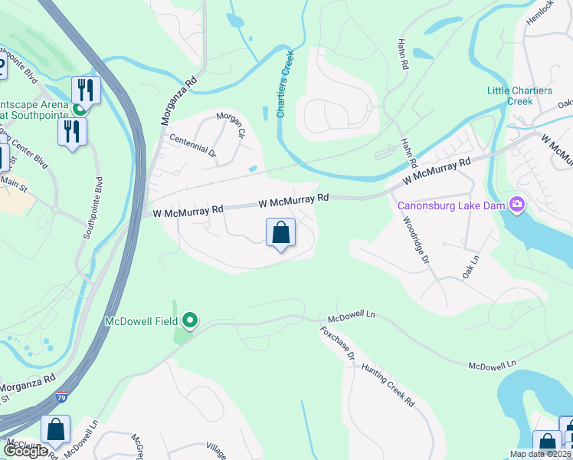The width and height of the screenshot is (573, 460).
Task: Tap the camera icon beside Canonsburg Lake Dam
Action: click(x=517, y=204)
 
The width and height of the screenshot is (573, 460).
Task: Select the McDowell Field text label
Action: click(x=142, y=321)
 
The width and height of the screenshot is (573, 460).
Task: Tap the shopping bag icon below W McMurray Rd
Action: click(x=280, y=232)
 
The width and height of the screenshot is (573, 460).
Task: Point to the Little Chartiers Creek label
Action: click(x=519, y=96)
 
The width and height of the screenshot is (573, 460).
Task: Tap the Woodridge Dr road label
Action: click(x=414, y=239)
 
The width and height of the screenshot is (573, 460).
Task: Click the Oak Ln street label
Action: click(x=470, y=267)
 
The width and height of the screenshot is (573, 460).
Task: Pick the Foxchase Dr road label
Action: click(x=338, y=343)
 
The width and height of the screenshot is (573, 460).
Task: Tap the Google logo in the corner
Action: click(x=25, y=451)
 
